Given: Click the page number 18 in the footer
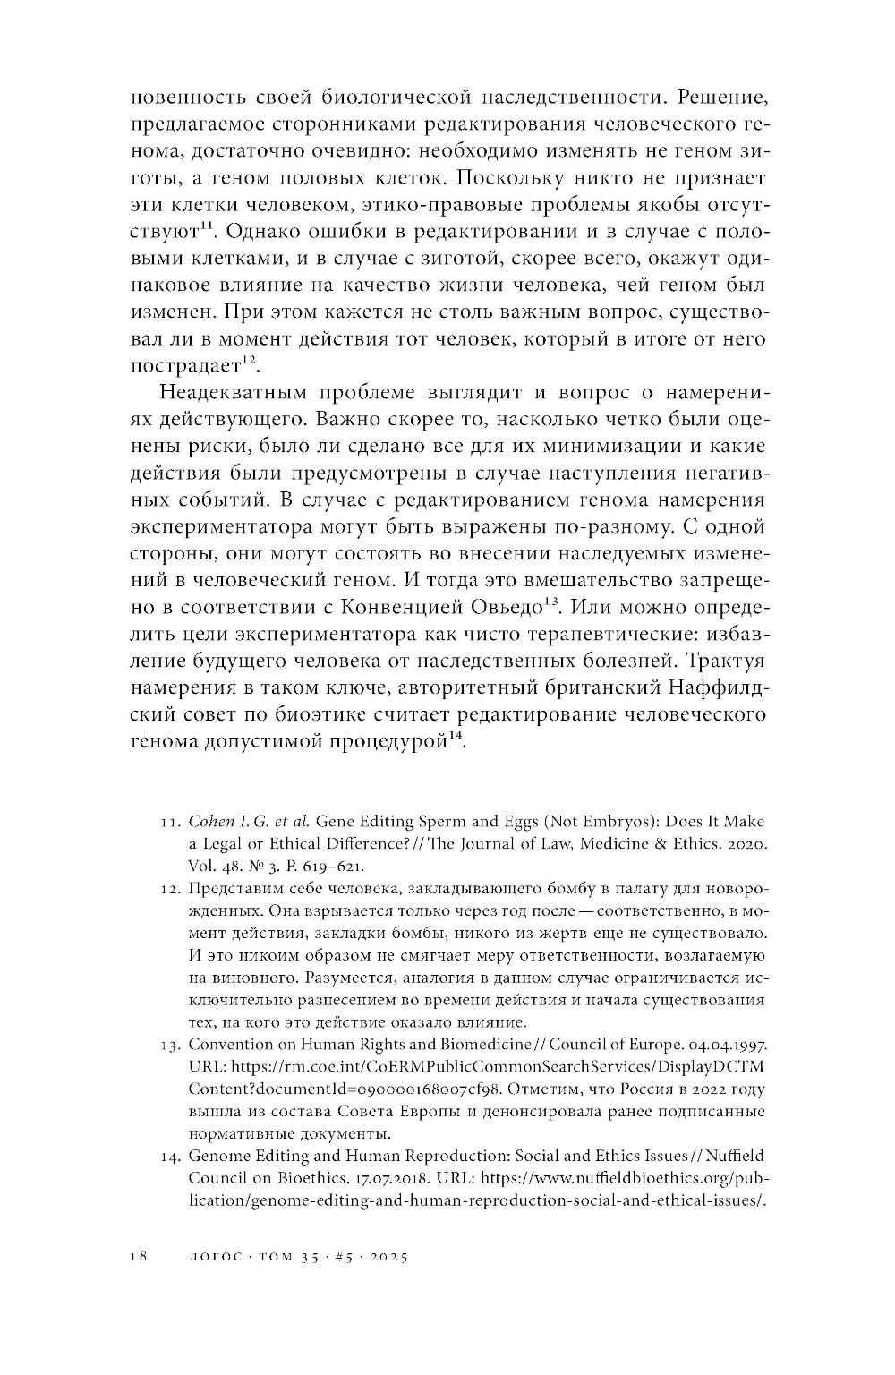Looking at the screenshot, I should tap(136, 1256).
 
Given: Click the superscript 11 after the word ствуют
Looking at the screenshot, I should tap(204, 225).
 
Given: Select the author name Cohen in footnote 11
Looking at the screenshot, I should tap(211, 821).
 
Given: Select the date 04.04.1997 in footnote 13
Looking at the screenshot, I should tap(720, 1044).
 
